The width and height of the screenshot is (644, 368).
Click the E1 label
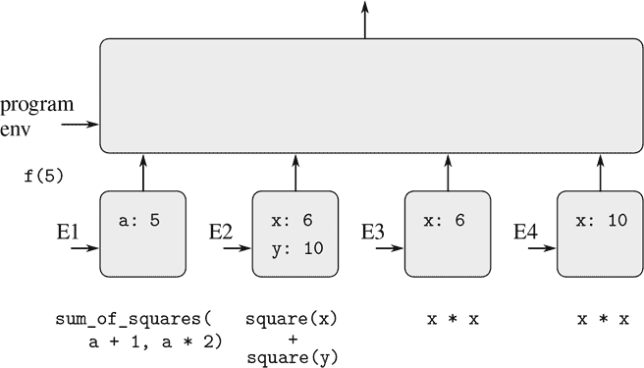point(67,234)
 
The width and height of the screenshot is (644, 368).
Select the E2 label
point(220,234)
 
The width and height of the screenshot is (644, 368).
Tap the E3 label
point(372,234)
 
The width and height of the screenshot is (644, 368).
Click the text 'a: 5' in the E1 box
point(140,220)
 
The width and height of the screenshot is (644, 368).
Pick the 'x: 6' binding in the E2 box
point(292,222)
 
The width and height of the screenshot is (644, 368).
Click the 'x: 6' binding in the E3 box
point(444,221)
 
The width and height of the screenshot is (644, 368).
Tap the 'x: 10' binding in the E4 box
point(601,221)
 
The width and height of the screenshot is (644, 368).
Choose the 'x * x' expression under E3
point(449,320)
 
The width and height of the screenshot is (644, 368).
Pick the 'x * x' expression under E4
point(601,320)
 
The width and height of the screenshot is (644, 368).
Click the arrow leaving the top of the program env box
point(365,20)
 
